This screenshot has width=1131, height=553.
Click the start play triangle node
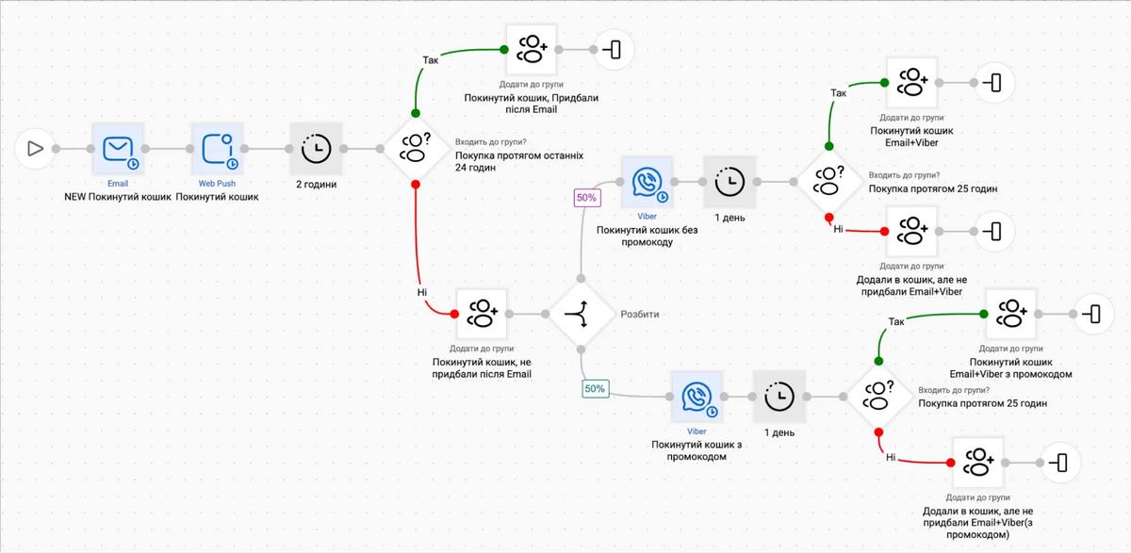[34, 148]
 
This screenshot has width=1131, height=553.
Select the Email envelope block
[118, 148]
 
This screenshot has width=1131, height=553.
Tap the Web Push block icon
[217, 148]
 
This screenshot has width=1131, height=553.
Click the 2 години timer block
[316, 148]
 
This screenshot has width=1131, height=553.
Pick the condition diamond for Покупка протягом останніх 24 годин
[415, 148]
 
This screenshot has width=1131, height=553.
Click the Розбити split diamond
[582, 313]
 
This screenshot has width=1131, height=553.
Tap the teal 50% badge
[595, 388]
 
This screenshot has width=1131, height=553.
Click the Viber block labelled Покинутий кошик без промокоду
[647, 182]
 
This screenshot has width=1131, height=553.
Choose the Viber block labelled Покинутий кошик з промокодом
[697, 397]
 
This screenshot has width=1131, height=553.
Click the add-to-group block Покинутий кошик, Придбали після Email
[532, 49]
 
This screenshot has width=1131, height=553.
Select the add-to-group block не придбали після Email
[483, 313]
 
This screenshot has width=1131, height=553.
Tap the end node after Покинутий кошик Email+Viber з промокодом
[1092, 313]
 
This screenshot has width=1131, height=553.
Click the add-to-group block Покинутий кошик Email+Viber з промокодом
[1011, 313]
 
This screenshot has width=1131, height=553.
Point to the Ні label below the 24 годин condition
[421, 292]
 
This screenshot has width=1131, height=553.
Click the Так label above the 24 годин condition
[430, 60]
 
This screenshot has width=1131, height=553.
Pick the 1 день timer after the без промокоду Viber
[730, 182]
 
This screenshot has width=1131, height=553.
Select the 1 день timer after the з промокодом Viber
[779, 397]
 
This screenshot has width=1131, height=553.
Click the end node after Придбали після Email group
[613, 49]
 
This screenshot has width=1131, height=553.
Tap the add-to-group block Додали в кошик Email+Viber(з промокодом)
[978, 463]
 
